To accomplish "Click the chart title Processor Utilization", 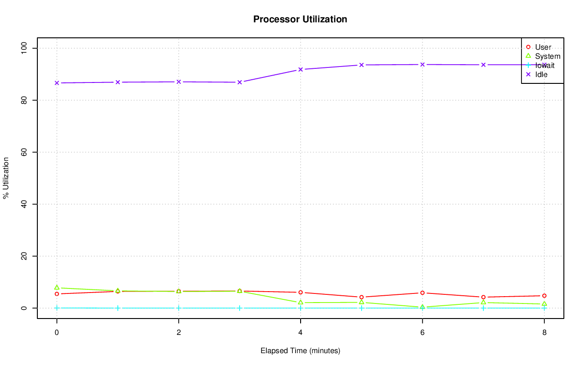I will point(300,19).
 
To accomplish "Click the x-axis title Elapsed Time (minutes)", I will point(300,351).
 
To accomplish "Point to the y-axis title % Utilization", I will point(6,178).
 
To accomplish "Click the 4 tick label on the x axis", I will point(301,333).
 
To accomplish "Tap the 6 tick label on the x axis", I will point(422,333).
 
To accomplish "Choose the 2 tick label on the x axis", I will point(179,333).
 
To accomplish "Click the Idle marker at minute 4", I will point(301,69).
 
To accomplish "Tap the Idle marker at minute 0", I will point(56,83).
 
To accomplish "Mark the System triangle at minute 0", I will point(56,288).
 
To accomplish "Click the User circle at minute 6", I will point(422,293).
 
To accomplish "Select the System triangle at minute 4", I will point(301,302).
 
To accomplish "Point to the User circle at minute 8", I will point(544,296).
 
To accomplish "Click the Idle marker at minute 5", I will point(362,65).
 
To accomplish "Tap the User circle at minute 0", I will point(56,294).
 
